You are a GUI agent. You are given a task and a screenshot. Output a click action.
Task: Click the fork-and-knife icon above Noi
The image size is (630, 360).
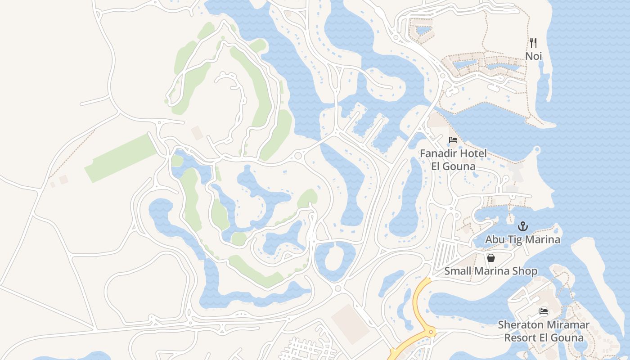(x=533, y=43)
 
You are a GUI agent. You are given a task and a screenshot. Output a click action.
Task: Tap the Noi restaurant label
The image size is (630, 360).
(x=534, y=56)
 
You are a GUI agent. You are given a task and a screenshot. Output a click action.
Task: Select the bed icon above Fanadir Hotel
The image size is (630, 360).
(x=453, y=140)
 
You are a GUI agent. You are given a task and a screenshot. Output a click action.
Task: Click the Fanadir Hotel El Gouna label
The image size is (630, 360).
(x=453, y=160)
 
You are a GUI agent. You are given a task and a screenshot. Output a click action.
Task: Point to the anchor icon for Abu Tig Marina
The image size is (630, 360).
(x=522, y=226)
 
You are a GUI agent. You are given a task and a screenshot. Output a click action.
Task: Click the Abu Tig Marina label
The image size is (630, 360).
(x=522, y=239)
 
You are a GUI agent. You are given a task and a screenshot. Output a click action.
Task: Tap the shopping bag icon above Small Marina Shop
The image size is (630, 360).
(x=491, y=258)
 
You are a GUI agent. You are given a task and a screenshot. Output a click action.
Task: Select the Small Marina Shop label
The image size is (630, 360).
(x=491, y=271)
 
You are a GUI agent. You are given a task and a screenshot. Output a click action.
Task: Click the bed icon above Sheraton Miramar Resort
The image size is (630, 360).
(x=544, y=311)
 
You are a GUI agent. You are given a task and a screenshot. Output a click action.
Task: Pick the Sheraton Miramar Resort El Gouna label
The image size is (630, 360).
(x=544, y=331)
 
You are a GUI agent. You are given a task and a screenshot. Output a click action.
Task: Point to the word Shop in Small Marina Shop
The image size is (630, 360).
(x=525, y=271)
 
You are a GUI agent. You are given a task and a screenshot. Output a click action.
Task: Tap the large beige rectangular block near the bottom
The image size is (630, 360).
(x=351, y=324)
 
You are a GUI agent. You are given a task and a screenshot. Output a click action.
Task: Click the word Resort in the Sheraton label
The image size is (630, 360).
(x=521, y=337)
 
